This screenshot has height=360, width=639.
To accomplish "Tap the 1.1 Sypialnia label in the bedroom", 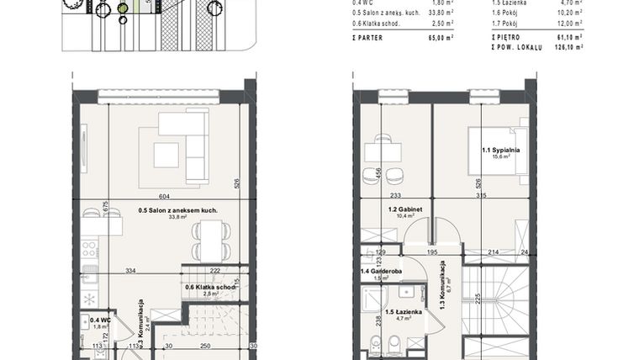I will coord(500,151).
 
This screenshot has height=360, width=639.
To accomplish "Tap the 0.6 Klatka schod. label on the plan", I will coord(209,288).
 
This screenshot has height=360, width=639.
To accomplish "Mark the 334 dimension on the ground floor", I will coord(131,272).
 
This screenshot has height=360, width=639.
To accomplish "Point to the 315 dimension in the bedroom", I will coord(481,195).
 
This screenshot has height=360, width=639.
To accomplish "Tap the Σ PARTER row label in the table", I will coord(368,38).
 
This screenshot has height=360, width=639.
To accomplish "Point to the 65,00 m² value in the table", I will coord(437,38).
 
